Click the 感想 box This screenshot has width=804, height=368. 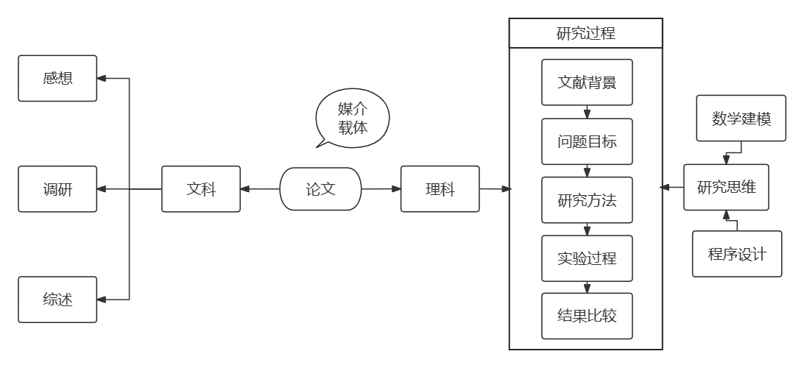pyautogui.click(x=57, y=78)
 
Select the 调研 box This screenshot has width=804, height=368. pyautogui.click(x=57, y=189)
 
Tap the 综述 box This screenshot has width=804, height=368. pyautogui.click(x=57, y=300)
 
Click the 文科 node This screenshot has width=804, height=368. pyautogui.click(x=201, y=189)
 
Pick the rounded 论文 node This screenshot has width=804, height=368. pyautogui.click(x=320, y=189)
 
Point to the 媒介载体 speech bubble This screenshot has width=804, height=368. pyautogui.click(x=352, y=118)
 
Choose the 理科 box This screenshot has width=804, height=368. pyautogui.click(x=440, y=189)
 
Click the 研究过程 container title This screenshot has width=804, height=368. pyautogui.click(x=586, y=33)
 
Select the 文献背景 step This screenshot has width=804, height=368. pyautogui.click(x=587, y=82)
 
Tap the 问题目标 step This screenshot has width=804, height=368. pyautogui.click(x=587, y=141)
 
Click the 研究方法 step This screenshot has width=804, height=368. pyautogui.click(x=587, y=199)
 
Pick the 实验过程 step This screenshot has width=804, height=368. pyautogui.click(x=587, y=258)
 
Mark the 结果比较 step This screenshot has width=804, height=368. pyautogui.click(x=587, y=316)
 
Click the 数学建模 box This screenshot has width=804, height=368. pyautogui.click(x=741, y=118)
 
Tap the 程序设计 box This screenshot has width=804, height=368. pyautogui.click(x=737, y=254)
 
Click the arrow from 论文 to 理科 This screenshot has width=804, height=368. pyautogui.click(x=381, y=189)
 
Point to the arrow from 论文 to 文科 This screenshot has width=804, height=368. pyautogui.click(x=260, y=189)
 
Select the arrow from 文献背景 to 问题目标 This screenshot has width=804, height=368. pyautogui.click(x=588, y=112)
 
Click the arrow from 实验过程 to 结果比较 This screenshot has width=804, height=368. pyautogui.click(x=588, y=287)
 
